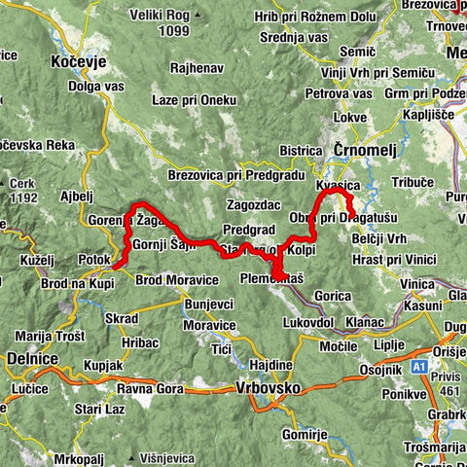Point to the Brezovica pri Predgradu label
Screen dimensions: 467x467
tap(220, 176)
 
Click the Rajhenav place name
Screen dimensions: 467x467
tap(196, 69)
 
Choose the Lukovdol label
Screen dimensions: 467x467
tap(308, 320)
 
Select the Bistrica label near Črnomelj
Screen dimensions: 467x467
tap(301, 151)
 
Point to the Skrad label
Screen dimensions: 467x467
tap(123, 318)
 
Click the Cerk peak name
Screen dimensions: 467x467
tap(23, 181)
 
